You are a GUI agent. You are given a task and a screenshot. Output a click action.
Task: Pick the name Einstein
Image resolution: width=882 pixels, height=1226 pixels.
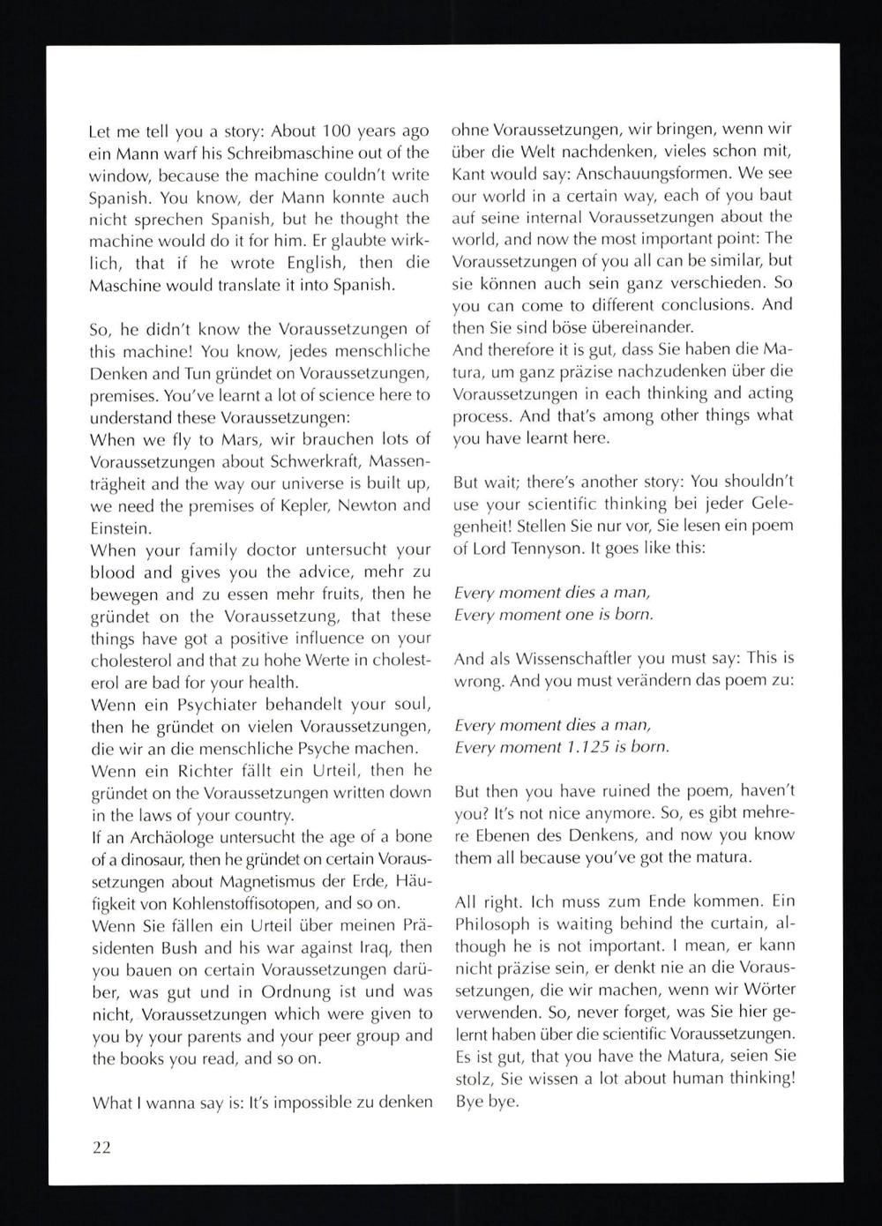pos(120,527)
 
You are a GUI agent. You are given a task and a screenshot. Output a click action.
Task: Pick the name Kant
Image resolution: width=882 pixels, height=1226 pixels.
pos(469,173)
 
